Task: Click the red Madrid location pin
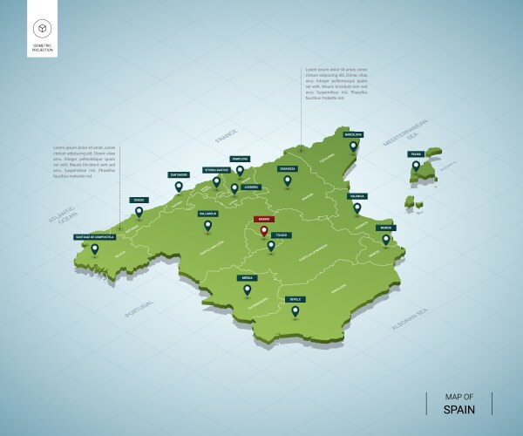[262, 231]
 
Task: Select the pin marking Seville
[295, 310]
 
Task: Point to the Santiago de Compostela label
[94, 235]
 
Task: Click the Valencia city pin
[356, 208]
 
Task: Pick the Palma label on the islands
[416, 153]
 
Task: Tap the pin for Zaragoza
[287, 181]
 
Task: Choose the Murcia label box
[385, 228]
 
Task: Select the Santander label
[179, 174]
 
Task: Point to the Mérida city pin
[247, 290]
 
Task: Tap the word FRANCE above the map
[227, 137]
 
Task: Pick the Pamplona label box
[240, 159]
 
